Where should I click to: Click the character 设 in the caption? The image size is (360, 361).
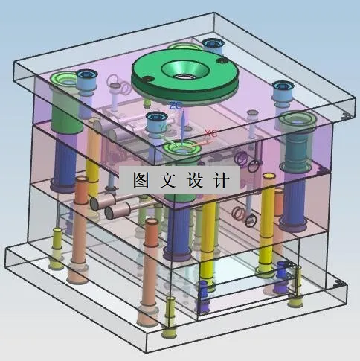(194, 179)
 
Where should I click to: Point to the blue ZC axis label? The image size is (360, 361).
(176, 106)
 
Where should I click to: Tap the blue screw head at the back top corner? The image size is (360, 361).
(212, 42)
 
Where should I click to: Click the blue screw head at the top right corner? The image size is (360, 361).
(282, 88)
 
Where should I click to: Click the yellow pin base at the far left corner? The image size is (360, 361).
(57, 261)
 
